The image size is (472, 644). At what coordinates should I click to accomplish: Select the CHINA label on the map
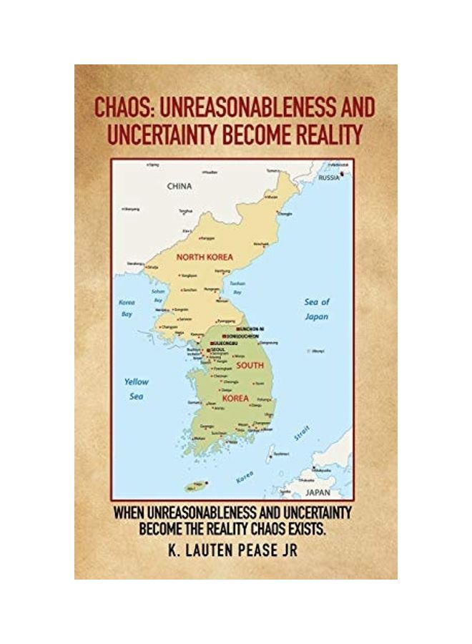[x=180, y=186]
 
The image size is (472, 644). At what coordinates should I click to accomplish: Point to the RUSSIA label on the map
[x=330, y=177]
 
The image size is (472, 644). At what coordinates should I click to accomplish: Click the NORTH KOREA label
[x=205, y=256]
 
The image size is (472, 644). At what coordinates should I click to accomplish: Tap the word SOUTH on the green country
[x=250, y=365]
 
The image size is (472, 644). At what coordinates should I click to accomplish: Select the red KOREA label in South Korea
[x=236, y=398]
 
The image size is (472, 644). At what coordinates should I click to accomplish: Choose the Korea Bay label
[x=126, y=308]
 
